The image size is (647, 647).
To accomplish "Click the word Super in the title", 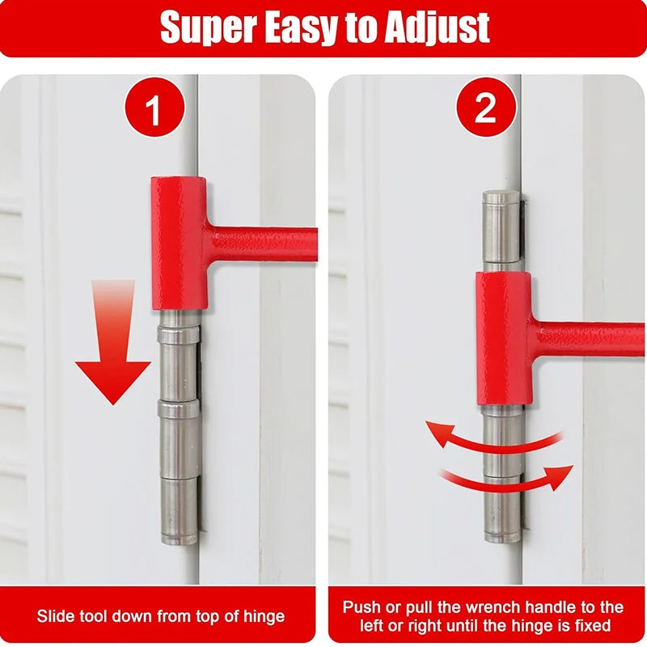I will [208, 27].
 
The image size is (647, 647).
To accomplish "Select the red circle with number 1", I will [154, 109].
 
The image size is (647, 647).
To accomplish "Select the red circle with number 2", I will [485, 109].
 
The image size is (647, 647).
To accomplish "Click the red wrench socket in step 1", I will [179, 243].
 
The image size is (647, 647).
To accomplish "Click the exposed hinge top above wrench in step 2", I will [501, 226].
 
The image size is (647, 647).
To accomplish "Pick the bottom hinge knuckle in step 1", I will [179, 510].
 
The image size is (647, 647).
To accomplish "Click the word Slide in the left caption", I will [55, 616].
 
